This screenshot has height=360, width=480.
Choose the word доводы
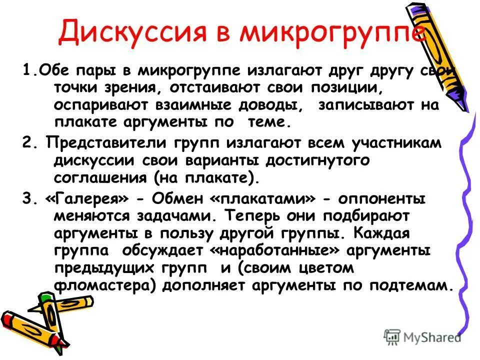(263, 105)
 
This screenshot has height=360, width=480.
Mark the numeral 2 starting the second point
(26, 142)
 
